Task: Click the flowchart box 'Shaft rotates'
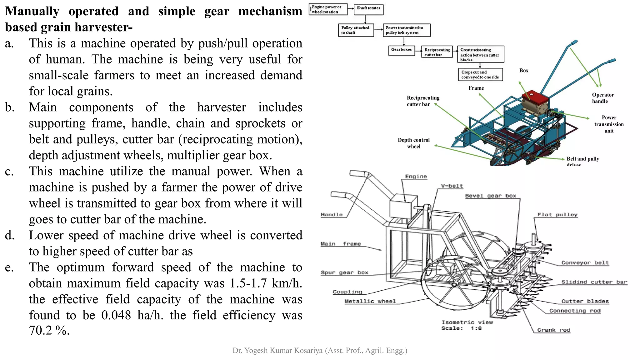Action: (368, 9)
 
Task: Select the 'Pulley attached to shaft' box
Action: (356, 30)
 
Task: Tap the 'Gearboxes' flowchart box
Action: (401, 50)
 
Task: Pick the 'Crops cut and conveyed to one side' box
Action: (480, 75)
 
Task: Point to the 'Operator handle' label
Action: (602, 98)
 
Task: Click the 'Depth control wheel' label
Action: (413, 143)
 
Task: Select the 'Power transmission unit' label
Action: (609, 124)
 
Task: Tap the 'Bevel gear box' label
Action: (491, 196)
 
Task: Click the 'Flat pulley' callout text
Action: (557, 215)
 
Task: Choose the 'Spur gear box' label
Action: (344, 272)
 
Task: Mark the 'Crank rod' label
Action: (553, 330)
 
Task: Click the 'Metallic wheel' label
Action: (370, 301)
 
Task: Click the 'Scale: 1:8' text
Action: (461, 328)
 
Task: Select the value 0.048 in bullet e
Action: (116, 315)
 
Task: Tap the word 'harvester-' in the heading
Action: (103, 27)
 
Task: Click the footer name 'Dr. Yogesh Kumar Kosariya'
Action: (277, 351)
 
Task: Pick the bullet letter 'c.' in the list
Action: (9, 171)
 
